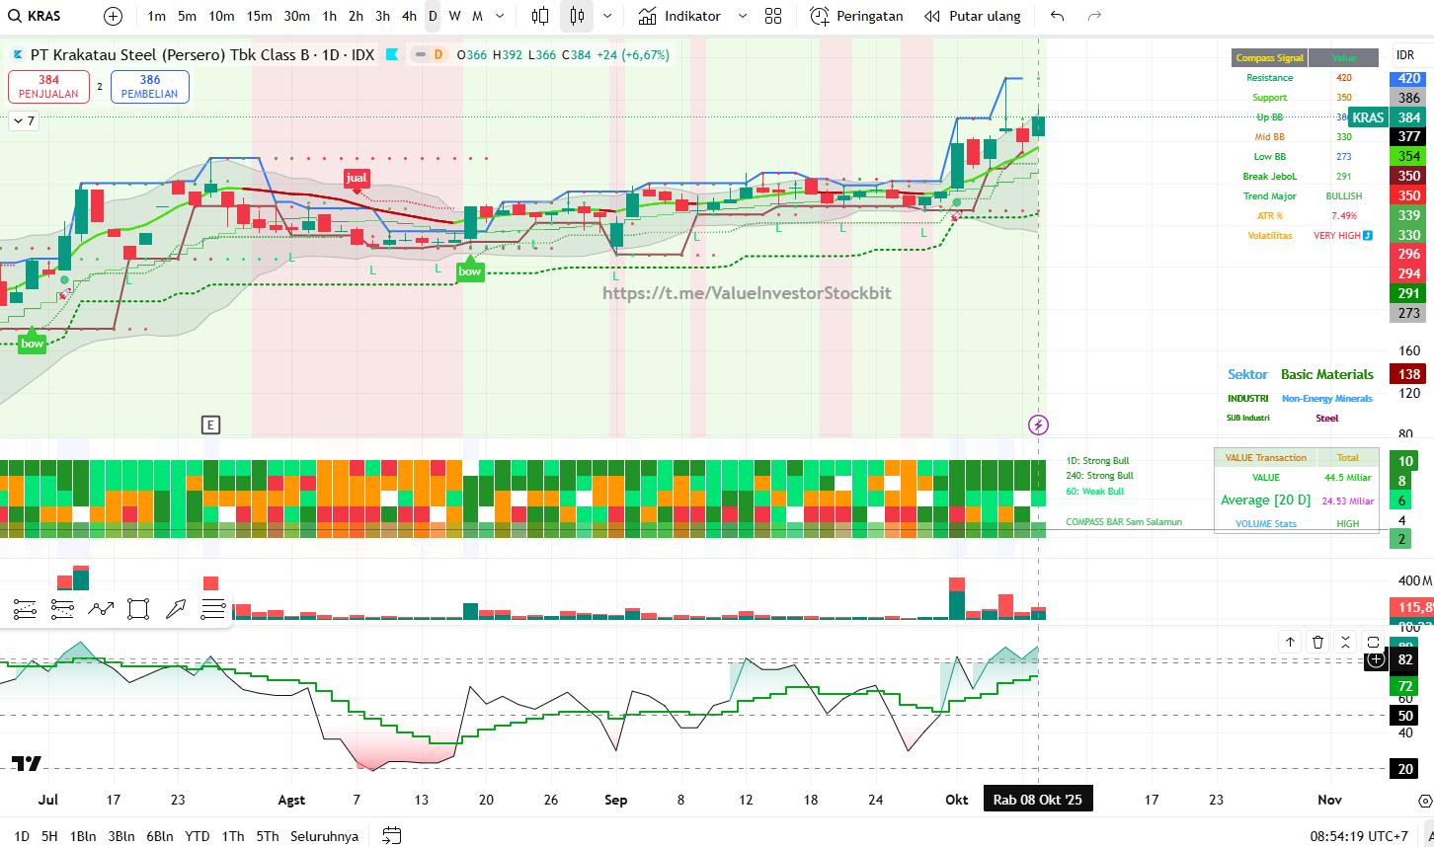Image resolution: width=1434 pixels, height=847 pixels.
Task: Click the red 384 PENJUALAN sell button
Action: tap(48, 87)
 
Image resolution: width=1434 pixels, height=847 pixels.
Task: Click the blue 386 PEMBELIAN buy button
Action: tap(149, 87)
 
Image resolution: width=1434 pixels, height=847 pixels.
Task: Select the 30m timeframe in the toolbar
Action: tap(296, 16)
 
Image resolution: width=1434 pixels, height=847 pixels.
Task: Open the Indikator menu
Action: tap(680, 16)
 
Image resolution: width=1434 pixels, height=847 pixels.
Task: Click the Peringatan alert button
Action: tap(856, 16)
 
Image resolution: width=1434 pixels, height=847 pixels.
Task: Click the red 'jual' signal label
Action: tap(357, 178)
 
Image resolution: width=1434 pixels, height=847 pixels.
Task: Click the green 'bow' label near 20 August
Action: tap(470, 271)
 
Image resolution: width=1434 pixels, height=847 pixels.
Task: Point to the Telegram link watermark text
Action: tap(747, 293)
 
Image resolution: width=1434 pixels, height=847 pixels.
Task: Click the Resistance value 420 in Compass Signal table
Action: tap(1344, 78)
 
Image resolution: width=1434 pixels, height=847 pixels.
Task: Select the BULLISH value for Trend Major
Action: tap(1344, 196)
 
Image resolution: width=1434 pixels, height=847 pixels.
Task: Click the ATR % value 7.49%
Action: tap(1344, 216)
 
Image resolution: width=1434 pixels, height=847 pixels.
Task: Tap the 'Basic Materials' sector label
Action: tap(1327, 374)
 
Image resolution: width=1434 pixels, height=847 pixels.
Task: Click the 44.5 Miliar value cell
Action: tap(1347, 478)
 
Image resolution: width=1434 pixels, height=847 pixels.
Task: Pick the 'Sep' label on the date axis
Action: tap(615, 800)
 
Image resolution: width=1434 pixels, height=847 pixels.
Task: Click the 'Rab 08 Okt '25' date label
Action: tap(1038, 800)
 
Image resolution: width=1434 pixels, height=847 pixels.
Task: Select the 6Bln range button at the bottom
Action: tap(160, 836)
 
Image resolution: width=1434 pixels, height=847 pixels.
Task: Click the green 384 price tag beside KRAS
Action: tap(1409, 117)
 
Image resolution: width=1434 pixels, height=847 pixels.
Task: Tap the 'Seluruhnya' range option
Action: tap(324, 836)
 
